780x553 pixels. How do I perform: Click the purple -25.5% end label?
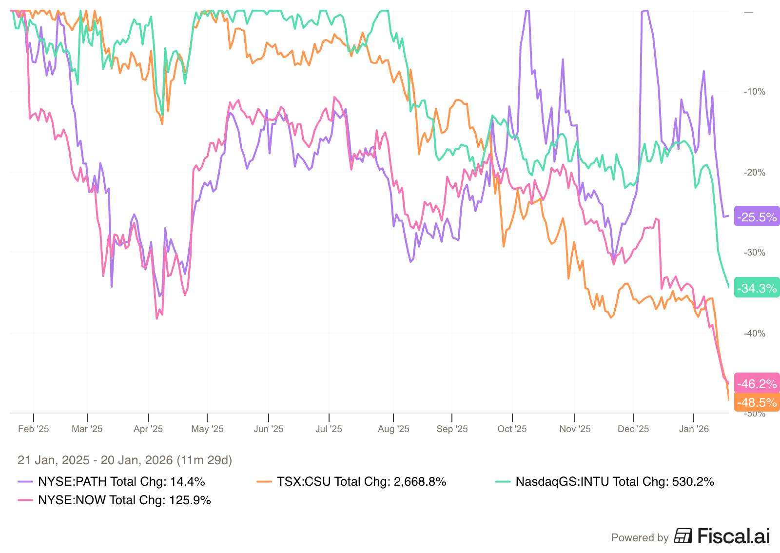(x=757, y=217)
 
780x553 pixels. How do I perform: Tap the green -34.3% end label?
(x=757, y=288)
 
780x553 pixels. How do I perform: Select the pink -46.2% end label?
(x=757, y=384)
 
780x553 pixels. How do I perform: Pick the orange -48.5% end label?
(x=757, y=402)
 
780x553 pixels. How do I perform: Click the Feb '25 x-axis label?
(x=34, y=429)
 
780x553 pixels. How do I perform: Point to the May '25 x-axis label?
(x=207, y=429)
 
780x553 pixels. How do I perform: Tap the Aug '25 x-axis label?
(x=393, y=429)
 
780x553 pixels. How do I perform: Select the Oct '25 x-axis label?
(x=512, y=429)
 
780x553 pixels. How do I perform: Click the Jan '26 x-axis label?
(x=694, y=429)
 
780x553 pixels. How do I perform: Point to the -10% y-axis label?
(x=754, y=92)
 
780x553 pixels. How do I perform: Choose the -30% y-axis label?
(x=754, y=253)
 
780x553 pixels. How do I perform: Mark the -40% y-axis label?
(x=754, y=334)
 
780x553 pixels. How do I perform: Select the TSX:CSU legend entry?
(x=351, y=482)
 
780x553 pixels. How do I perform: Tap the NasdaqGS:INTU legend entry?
(x=604, y=482)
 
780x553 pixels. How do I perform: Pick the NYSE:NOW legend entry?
(x=114, y=500)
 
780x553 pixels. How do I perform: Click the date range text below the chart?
(x=125, y=460)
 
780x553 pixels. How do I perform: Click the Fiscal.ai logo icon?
(x=683, y=536)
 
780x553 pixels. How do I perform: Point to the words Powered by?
(x=640, y=538)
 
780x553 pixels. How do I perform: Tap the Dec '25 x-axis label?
(x=633, y=429)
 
